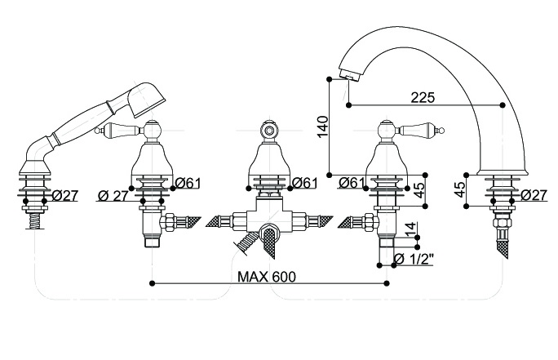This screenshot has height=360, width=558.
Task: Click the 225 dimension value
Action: click(423, 96)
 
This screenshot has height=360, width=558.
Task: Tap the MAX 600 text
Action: click(267, 276)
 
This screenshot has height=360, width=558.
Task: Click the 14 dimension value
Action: click(410, 229)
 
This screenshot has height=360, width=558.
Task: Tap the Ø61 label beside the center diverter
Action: click(304, 182)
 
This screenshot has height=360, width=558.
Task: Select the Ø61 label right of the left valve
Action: click(188, 182)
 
